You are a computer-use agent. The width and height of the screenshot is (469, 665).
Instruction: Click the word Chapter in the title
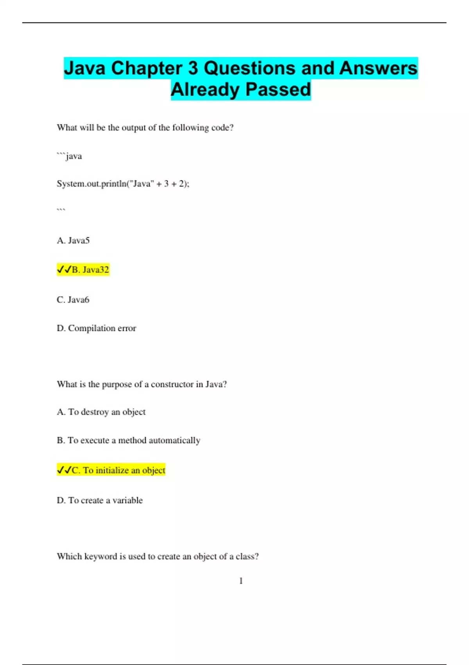click(x=147, y=68)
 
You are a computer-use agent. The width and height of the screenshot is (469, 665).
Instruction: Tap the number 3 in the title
click(x=193, y=68)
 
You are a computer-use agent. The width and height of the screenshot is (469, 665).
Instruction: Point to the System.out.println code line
click(x=123, y=183)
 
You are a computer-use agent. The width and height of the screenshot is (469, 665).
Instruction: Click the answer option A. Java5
click(x=73, y=241)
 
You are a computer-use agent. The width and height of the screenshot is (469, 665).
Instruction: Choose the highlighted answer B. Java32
click(x=90, y=270)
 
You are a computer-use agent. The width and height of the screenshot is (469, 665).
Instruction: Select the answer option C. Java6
click(x=73, y=300)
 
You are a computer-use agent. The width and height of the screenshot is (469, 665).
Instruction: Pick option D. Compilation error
click(x=97, y=328)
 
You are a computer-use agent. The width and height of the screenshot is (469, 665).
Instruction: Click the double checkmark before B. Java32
click(x=64, y=270)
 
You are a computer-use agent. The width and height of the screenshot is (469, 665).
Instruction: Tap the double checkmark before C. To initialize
click(x=64, y=470)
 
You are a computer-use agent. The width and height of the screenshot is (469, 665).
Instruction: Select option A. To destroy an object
click(x=101, y=412)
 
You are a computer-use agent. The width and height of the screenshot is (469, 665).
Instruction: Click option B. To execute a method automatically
click(x=129, y=440)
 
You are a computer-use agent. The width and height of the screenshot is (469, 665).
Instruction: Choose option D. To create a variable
click(x=100, y=500)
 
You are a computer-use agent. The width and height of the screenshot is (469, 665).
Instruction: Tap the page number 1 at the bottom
click(x=241, y=581)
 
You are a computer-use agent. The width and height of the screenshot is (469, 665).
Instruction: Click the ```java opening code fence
click(x=69, y=156)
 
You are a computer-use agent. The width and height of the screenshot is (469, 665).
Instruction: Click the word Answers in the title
click(x=378, y=68)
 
